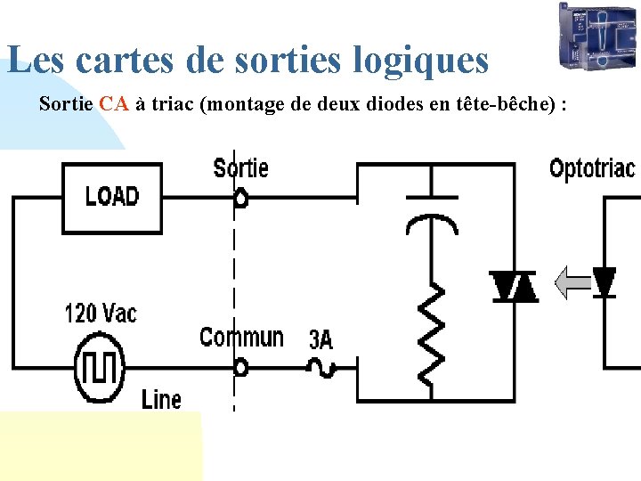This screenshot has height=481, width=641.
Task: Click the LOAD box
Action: (111, 197)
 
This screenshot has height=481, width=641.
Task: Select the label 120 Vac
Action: (101, 314)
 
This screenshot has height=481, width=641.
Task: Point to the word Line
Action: (161, 400)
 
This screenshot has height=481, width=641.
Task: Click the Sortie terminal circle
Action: (240, 199)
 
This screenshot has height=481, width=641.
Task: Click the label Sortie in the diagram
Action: (240, 167)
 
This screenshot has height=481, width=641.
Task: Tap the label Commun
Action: (241, 338)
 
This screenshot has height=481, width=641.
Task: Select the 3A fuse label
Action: (320, 339)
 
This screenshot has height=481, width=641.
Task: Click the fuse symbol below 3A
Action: (320, 366)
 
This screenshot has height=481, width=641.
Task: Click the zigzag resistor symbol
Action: (432, 330)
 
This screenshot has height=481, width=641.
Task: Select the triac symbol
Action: (515, 286)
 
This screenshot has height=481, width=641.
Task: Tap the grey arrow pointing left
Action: (572, 283)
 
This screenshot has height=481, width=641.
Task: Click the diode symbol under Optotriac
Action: (604, 282)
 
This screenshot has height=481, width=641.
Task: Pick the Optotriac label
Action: (592, 168)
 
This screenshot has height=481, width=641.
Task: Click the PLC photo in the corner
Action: (597, 35)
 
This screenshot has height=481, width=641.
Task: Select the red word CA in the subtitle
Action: (115, 104)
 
